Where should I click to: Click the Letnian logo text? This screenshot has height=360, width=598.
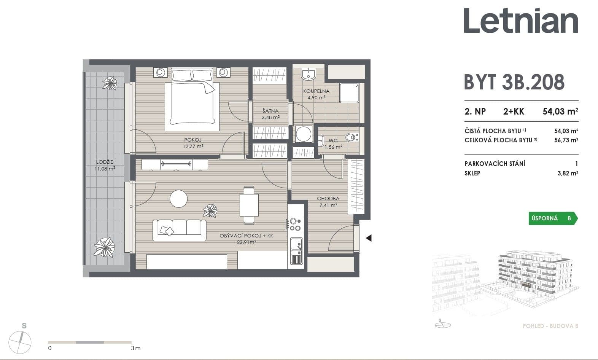pyautogui.click(x=520, y=21)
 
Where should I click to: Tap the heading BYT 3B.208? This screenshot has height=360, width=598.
pyautogui.click(x=514, y=82)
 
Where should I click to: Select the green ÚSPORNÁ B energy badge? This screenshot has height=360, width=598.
pyautogui.click(x=552, y=218)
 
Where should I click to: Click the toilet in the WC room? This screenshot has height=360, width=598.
pyautogui.click(x=352, y=137)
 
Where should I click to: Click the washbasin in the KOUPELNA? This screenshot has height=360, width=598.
pyautogui.click(x=308, y=73)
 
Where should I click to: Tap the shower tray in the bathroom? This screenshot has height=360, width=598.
pyautogui.click(x=349, y=93)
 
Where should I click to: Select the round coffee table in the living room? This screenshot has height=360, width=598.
pyautogui.click(x=178, y=199)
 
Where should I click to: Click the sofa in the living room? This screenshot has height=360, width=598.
pyautogui.click(x=179, y=230)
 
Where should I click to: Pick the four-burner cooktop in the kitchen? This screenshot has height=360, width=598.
pyautogui.click(x=295, y=224)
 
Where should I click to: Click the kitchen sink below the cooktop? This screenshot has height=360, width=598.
pyautogui.click(x=296, y=250)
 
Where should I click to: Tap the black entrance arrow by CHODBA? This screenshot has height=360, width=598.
pyautogui.click(x=368, y=238)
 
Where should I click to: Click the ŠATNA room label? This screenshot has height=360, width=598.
pyautogui.click(x=270, y=111)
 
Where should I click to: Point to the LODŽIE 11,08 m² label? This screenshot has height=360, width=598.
pyautogui.click(x=105, y=165)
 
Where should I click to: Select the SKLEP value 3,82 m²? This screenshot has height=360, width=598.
pyautogui.click(x=568, y=173)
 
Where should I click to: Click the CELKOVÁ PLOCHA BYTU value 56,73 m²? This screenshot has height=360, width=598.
pyautogui.click(x=566, y=140)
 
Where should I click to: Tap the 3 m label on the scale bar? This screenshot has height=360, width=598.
pyautogui.click(x=135, y=348)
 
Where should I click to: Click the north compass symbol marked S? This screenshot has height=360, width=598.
pyautogui.click(x=20, y=341)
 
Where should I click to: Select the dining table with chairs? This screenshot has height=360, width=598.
pyautogui.click(x=249, y=205)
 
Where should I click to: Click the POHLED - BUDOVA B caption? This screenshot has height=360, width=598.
pyautogui.click(x=550, y=326)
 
